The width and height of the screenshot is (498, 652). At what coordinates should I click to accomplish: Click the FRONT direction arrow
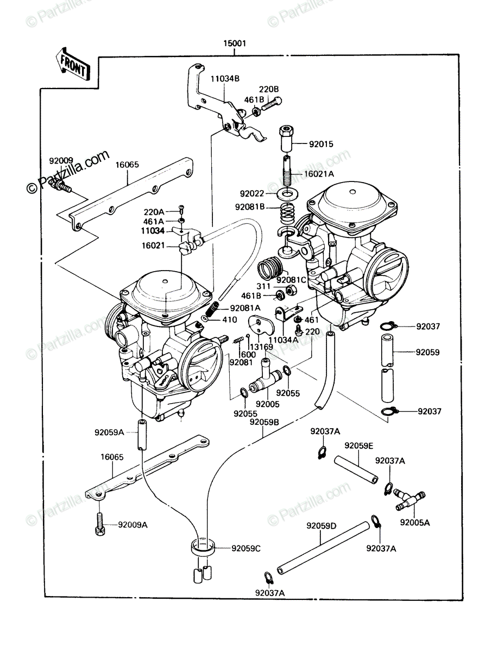[x=73, y=65]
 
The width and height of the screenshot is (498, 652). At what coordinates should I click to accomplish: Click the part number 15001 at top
[x=235, y=43]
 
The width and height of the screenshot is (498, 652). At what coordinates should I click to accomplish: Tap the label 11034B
[x=225, y=79]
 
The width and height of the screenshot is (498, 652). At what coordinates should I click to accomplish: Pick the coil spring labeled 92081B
[x=288, y=212]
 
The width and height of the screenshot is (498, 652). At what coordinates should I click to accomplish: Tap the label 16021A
[x=319, y=174]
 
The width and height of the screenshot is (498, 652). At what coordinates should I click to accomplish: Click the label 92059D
[x=322, y=526]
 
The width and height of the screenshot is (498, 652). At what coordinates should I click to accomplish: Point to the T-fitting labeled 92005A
[x=409, y=500]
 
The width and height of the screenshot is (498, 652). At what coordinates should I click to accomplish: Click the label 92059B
[x=264, y=422]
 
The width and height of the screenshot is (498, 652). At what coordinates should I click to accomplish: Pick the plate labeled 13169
[x=261, y=325]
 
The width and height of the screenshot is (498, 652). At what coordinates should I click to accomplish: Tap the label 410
[x=230, y=320]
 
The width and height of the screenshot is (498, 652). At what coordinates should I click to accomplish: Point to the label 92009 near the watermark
[x=61, y=161]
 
